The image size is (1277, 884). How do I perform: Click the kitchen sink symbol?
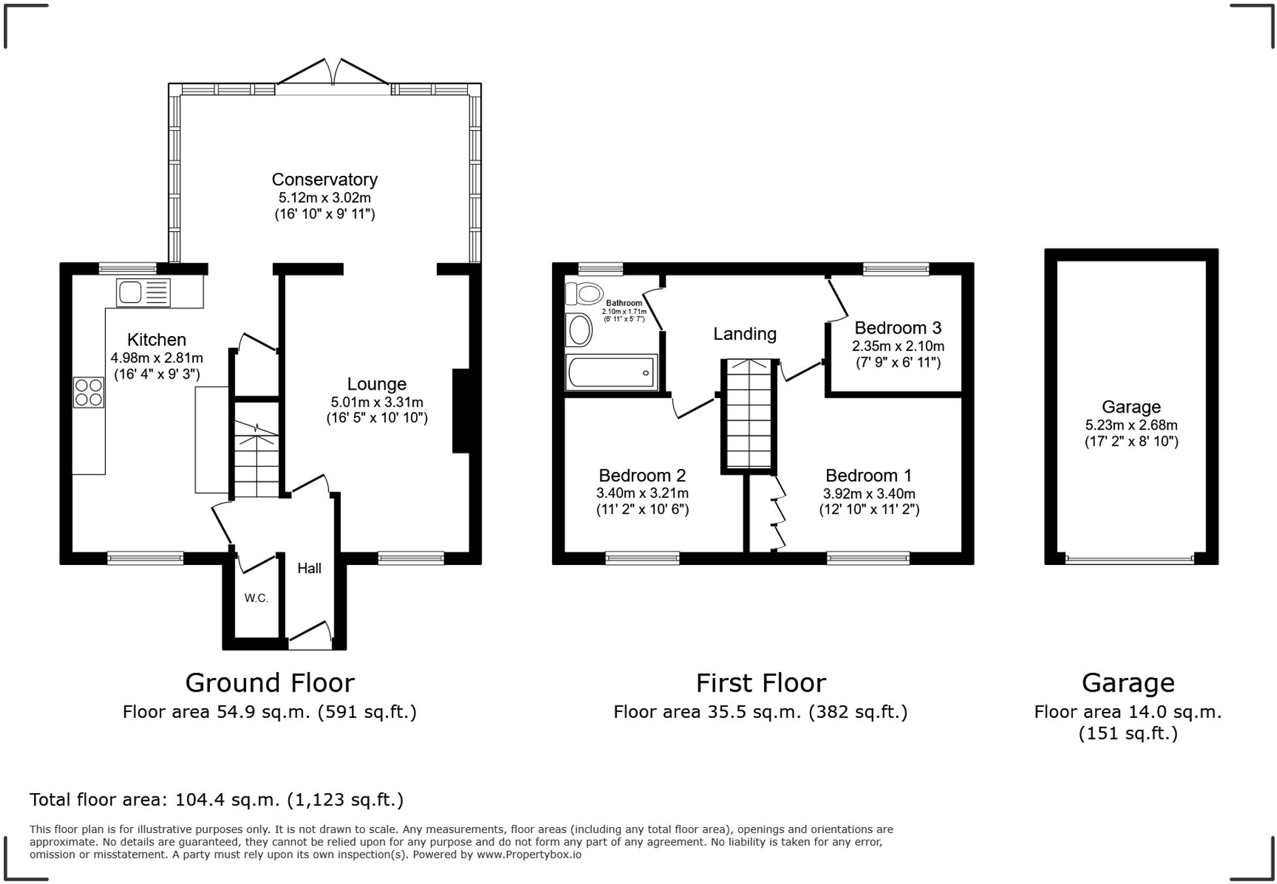[x=143, y=292]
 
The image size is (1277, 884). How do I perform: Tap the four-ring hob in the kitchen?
[x=88, y=392]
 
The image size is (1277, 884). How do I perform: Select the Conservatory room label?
[x=324, y=179]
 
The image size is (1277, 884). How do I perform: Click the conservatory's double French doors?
[x=334, y=73]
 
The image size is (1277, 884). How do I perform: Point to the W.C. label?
[x=256, y=598]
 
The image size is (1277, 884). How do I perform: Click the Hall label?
[x=309, y=568]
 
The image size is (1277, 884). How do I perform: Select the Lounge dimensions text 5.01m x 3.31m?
[x=377, y=402]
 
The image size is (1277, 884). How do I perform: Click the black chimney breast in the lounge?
[x=461, y=411]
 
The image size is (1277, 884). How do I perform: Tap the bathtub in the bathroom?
[x=611, y=373]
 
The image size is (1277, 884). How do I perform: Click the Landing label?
[x=744, y=334]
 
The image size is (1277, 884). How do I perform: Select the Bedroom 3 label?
[x=898, y=328]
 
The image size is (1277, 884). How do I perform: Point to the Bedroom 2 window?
[x=642, y=558]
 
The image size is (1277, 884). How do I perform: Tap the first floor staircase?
[x=749, y=415]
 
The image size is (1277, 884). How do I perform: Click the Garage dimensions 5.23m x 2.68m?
[x=1131, y=424]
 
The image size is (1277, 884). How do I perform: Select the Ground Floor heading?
[x=270, y=683]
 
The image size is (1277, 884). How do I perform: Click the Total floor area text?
[x=217, y=800]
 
